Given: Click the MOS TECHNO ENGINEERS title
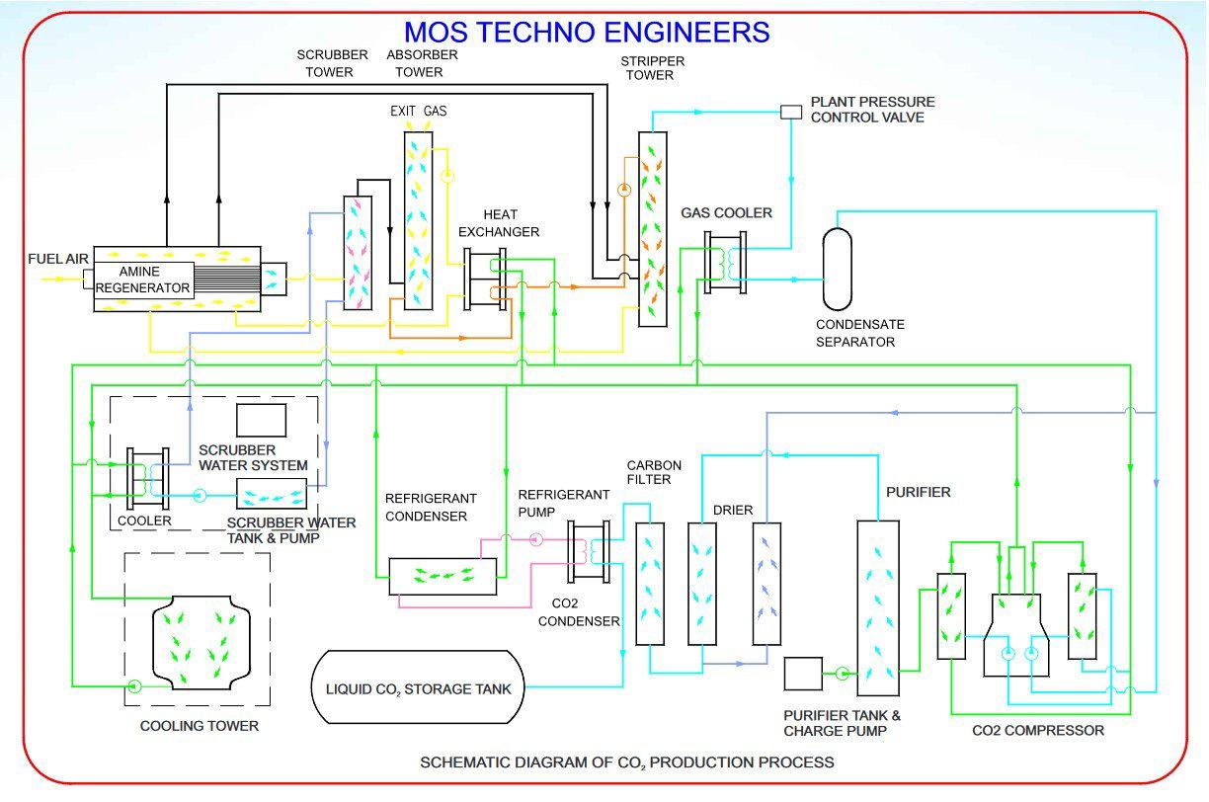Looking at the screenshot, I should point(587,32).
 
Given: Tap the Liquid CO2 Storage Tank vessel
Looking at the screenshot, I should point(418,688).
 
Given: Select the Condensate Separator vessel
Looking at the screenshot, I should point(837,268).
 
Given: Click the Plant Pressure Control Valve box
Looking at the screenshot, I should point(791,112).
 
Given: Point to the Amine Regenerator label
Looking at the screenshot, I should point(143,280).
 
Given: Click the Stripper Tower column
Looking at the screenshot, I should point(652,229).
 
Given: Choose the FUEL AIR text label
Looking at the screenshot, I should point(58,260).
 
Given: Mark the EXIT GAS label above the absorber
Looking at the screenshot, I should point(418,111).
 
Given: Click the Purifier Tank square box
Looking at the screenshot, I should point(803,674).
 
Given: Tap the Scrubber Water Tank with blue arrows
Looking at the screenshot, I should point(272,495).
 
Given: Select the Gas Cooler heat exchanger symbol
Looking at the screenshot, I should point(725,261).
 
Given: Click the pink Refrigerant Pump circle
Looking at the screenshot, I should point(535,539).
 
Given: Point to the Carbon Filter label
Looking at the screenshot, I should point(649,472).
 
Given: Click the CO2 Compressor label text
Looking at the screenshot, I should point(1038,730).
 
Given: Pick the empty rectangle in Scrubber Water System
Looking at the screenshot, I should point(261,420).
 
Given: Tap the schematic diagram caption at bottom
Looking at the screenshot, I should point(626,762).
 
